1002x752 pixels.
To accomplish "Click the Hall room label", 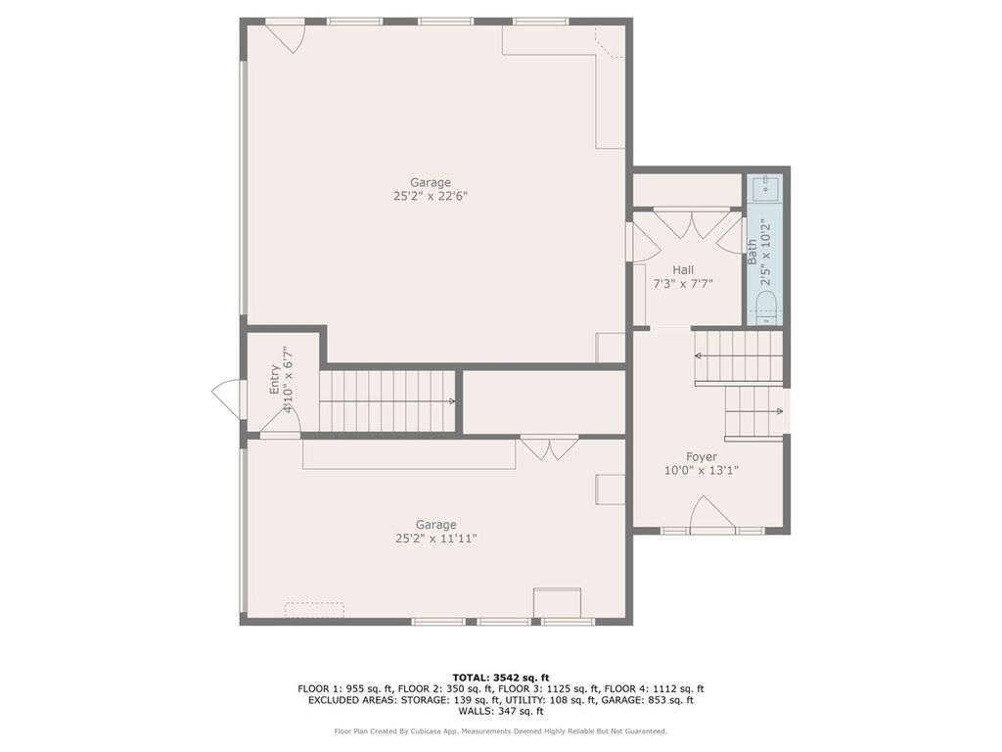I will (683, 269).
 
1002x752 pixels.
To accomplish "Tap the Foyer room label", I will (701, 456).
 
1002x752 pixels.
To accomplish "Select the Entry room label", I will (275, 379).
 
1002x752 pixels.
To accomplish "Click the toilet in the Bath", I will (766, 305).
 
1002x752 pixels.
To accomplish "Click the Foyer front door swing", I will (712, 514).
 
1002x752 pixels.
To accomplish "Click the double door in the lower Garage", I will (549, 449).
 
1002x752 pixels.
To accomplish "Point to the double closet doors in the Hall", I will (692, 224).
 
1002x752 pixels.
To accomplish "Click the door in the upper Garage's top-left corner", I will (285, 36).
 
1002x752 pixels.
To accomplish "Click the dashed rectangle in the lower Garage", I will (314, 610).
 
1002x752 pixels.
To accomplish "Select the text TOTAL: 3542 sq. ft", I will (501, 677).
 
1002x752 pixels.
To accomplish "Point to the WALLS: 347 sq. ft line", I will (501, 712).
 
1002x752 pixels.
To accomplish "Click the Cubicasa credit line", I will (501, 731).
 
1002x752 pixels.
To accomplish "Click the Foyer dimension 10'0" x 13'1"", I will (701, 470).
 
